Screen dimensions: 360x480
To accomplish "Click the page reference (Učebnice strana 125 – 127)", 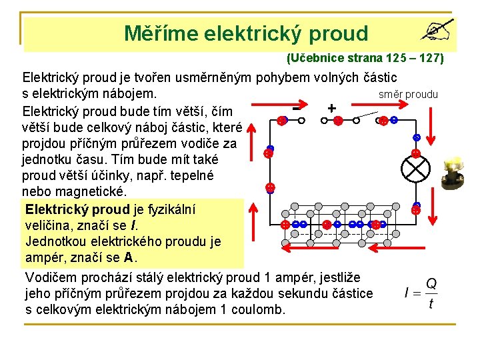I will (365, 58).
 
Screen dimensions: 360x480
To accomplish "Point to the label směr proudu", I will (408, 94).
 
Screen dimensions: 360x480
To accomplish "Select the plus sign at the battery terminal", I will (331, 107).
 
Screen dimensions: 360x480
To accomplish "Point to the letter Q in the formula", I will (431, 283).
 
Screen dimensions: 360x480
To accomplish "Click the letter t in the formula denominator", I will (431, 304).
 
